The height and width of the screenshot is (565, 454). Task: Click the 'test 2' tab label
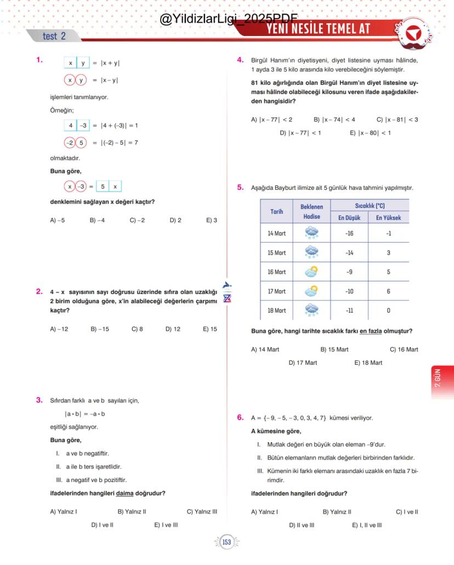point(54,36)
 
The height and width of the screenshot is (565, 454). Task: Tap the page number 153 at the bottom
point(226,543)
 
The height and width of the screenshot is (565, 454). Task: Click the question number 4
point(240,60)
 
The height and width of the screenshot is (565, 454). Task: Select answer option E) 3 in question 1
point(212,221)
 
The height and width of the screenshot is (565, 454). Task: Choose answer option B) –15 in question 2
point(100,329)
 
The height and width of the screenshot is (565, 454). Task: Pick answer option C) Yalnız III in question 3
point(202,512)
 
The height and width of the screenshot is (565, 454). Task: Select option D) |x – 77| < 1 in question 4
point(300,133)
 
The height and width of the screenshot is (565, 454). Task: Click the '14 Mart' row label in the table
point(276,233)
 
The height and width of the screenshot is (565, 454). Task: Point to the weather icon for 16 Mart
point(311,272)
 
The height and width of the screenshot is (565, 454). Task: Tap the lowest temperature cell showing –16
point(349,233)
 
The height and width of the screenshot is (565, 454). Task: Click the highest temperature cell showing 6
point(388,291)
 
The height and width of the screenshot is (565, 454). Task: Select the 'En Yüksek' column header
point(388,218)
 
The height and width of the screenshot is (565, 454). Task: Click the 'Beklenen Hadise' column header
point(311,212)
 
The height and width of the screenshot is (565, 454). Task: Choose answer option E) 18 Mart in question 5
point(368,363)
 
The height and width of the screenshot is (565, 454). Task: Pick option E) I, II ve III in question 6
point(367,525)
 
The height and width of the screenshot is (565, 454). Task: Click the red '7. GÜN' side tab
point(442,378)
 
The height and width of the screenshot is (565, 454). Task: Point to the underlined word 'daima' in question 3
point(125,493)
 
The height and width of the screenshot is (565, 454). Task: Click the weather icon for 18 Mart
point(311,310)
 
